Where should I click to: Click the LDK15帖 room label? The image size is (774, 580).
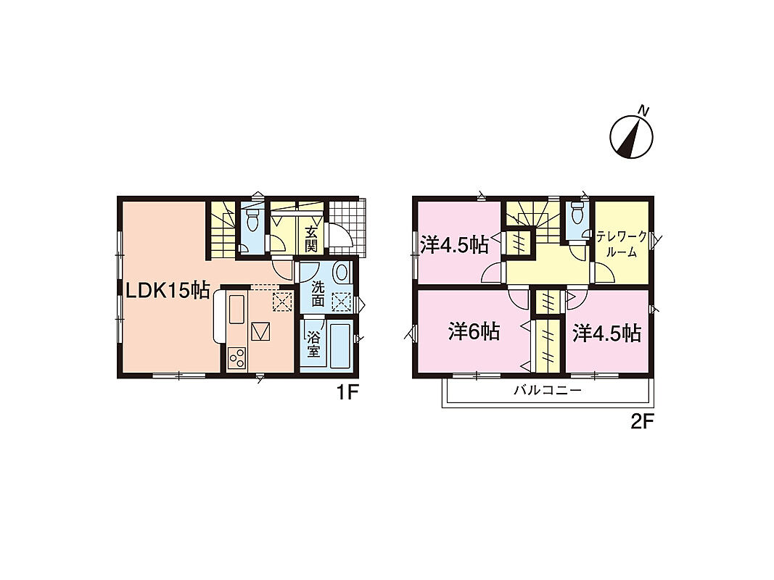click(x=168, y=291)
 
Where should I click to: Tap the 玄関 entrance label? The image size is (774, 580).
click(x=310, y=239)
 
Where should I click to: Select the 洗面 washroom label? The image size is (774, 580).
click(x=318, y=293)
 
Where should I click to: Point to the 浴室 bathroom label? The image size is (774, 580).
click(x=313, y=344)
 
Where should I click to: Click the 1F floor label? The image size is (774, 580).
click(x=347, y=393)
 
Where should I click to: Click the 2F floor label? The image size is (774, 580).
click(x=642, y=422)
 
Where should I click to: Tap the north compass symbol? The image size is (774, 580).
click(x=632, y=133)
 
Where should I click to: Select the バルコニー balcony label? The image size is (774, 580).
click(x=548, y=391)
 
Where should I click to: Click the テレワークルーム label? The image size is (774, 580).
click(x=622, y=244)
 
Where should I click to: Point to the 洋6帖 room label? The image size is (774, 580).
click(x=474, y=332)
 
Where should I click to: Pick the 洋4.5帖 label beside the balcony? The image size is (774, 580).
click(x=606, y=334)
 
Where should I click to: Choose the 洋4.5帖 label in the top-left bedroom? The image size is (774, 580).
click(x=455, y=244)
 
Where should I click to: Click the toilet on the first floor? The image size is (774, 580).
click(x=252, y=220)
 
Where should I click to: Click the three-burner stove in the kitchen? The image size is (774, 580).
click(x=236, y=357)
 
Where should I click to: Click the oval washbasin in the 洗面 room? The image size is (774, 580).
click(x=341, y=273)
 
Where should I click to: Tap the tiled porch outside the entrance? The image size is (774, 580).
click(x=347, y=228)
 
